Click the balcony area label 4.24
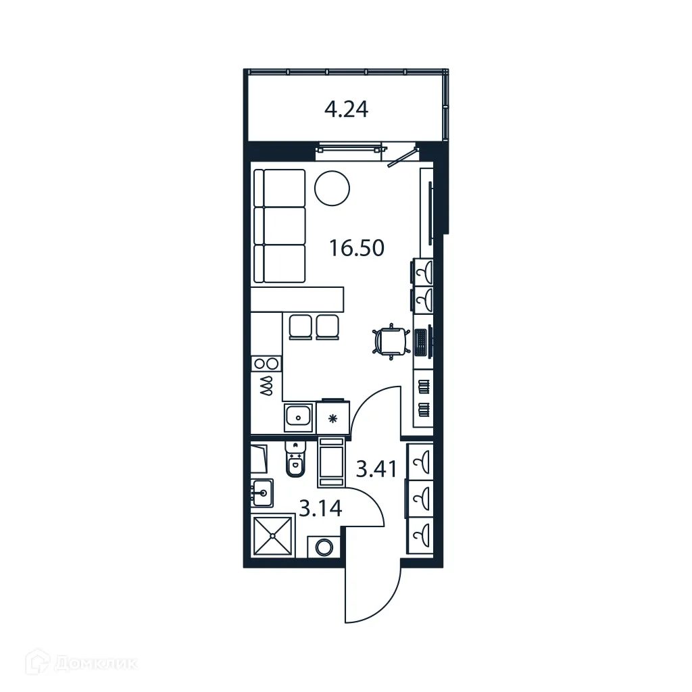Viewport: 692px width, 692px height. pyautogui.click(x=346, y=109)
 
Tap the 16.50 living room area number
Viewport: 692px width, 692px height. pyautogui.click(x=357, y=248)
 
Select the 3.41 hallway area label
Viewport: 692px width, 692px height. pyautogui.click(x=375, y=468)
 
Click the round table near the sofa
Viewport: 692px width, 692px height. pyautogui.click(x=332, y=187)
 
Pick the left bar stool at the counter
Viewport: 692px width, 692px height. pyautogui.click(x=300, y=326)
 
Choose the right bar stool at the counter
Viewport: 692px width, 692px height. pyautogui.click(x=327, y=326)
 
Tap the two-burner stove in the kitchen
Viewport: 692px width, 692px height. pyautogui.click(x=266, y=364)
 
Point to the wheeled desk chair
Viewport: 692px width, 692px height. pyautogui.click(x=390, y=340)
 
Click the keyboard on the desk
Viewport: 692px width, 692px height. pyautogui.click(x=420, y=341)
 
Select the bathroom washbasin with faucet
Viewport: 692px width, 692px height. pyautogui.click(x=262, y=493)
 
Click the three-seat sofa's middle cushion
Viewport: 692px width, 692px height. pyautogui.click(x=284, y=226)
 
